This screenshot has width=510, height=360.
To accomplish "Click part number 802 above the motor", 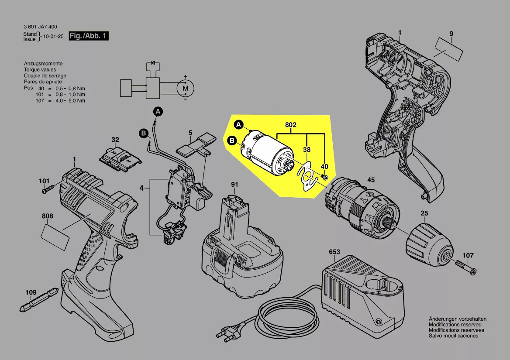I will (x=291, y=125).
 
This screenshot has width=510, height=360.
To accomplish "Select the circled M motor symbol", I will (x=185, y=88).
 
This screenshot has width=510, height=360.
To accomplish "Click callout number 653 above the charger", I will (x=334, y=252).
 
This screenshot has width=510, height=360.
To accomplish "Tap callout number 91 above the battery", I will (x=234, y=184).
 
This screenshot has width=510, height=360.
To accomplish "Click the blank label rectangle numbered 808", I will (x=55, y=237).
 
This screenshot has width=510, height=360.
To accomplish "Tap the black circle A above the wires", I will (x=158, y=112).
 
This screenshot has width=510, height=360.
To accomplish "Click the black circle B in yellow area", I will (x=233, y=141).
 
